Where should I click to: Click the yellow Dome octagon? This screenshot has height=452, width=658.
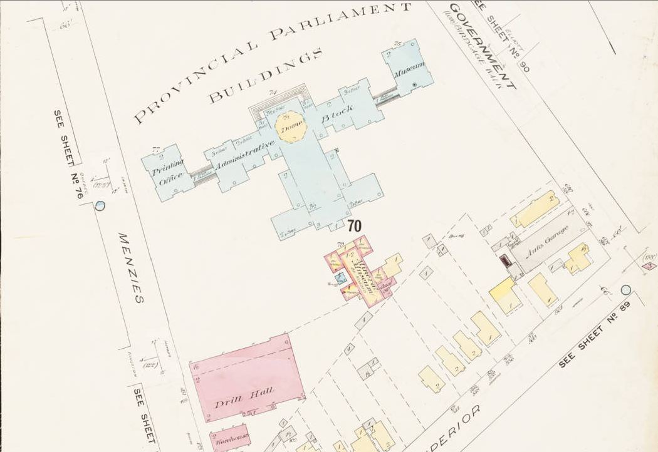(290, 126)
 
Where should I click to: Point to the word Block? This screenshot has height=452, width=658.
(338, 115)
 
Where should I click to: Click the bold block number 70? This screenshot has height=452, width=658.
(353, 227)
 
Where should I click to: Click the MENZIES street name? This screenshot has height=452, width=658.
(131, 268)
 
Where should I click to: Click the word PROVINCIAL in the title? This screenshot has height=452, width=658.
(195, 81)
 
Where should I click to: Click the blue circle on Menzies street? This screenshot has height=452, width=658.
(100, 205)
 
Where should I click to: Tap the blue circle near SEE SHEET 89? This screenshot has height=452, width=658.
(625, 290)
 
